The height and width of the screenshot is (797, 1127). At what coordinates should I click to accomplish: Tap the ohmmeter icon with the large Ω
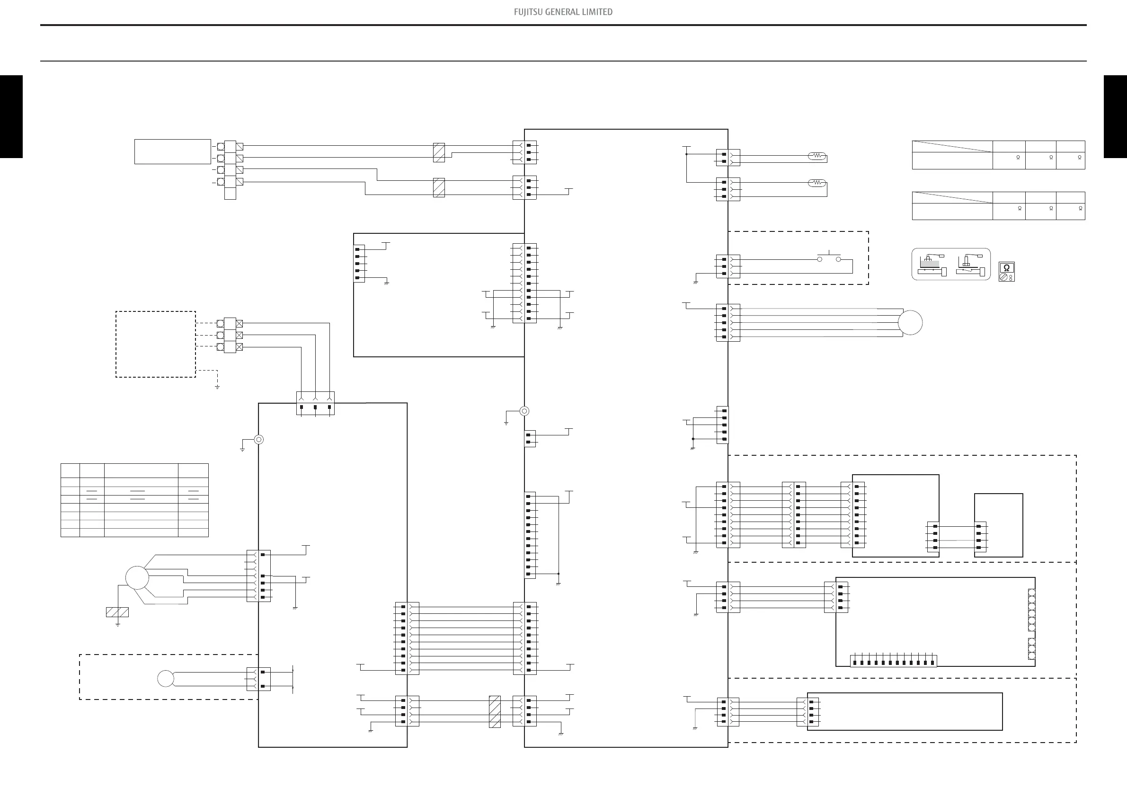(x=1006, y=268)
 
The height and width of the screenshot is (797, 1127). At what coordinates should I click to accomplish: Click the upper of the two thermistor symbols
(x=817, y=156)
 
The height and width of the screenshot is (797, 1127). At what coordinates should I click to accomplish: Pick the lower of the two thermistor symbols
(x=817, y=183)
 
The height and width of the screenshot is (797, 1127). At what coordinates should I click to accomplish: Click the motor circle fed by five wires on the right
(x=910, y=323)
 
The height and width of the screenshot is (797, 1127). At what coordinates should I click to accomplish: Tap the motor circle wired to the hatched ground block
(x=137, y=577)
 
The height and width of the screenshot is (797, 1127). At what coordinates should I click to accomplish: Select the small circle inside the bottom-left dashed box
(x=165, y=679)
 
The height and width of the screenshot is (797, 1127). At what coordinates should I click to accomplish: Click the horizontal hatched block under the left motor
(x=117, y=612)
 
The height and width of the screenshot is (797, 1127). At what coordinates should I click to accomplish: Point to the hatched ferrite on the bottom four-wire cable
(x=495, y=712)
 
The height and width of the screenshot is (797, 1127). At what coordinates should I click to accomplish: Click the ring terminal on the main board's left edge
(x=524, y=411)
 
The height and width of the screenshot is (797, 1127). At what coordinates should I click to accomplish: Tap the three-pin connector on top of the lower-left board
(x=315, y=403)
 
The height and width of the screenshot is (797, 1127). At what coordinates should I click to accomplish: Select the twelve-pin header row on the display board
(x=893, y=662)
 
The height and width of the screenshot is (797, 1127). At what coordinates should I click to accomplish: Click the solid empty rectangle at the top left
(x=172, y=151)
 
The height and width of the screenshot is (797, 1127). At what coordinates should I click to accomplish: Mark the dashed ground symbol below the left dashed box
(x=217, y=386)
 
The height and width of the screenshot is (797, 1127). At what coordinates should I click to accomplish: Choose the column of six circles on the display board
(x=1031, y=610)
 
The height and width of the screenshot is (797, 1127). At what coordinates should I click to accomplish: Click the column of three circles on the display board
(x=1031, y=649)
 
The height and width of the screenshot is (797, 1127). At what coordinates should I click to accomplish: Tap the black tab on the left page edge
(x=11, y=116)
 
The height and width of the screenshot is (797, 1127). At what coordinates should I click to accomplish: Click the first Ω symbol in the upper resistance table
(x=1018, y=158)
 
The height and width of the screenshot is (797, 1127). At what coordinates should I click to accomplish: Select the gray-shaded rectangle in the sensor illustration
(x=929, y=264)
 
